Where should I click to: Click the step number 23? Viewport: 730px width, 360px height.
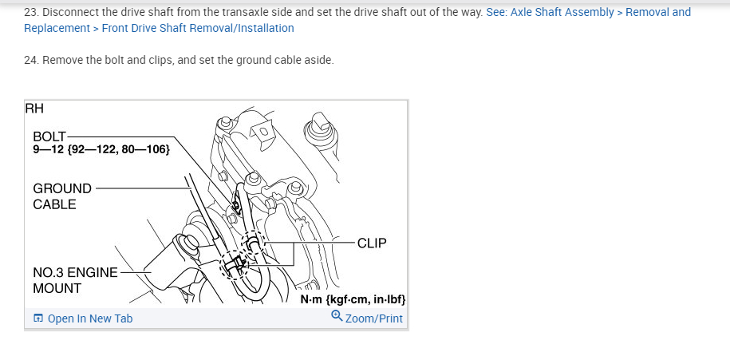(x=31, y=13)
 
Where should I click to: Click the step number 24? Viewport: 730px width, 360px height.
(x=31, y=61)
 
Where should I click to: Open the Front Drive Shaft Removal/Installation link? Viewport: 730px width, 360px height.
(x=198, y=29)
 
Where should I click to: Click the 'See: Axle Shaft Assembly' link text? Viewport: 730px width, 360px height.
(x=550, y=13)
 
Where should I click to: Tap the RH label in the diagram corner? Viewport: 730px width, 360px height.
(x=34, y=109)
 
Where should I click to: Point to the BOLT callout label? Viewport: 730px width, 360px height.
(x=49, y=136)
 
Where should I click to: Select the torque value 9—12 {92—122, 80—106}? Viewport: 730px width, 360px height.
(x=101, y=149)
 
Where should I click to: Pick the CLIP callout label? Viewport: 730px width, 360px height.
(x=372, y=243)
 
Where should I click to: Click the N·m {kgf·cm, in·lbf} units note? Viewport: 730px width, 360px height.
(x=353, y=299)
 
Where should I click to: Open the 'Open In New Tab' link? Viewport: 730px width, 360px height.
(x=90, y=319)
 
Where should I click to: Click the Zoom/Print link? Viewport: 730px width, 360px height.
(x=374, y=319)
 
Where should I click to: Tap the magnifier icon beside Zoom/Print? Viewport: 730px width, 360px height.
(x=337, y=318)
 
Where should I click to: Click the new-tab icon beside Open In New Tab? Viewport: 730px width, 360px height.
(x=38, y=319)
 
